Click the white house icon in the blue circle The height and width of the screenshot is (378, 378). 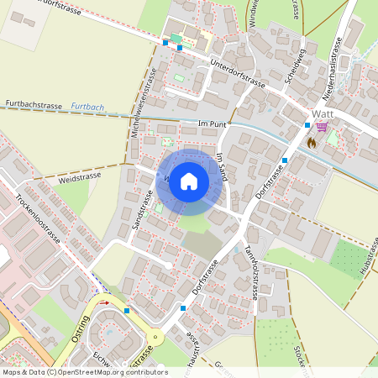tap(189, 181)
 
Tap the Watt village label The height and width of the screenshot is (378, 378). tap(324, 113)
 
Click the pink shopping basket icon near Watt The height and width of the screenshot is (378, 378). tap(321, 127)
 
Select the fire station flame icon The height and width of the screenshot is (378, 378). tap(312, 143)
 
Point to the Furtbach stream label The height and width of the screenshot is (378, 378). tap(87, 108)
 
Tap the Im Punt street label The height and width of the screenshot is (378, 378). tap(213, 124)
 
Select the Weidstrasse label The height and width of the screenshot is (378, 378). tap(81, 178)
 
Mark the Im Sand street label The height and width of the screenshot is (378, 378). tap(222, 168)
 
